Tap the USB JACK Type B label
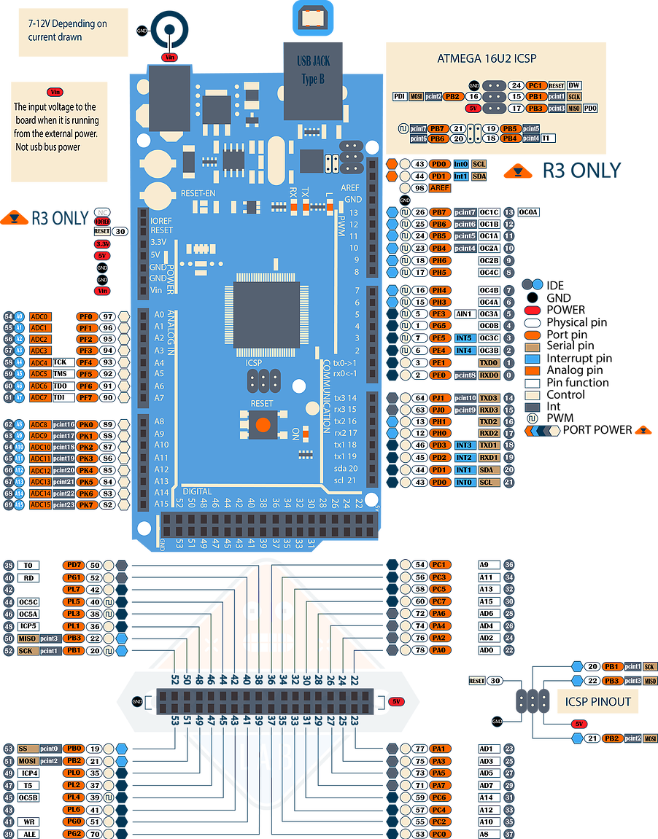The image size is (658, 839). pos(314,70)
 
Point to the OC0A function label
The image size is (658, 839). pos(530,212)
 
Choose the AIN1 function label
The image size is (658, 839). pos(464,314)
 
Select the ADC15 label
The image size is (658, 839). pos(40,504)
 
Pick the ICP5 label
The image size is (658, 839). pos(29,626)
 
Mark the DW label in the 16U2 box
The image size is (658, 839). pos(574,85)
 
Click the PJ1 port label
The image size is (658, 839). pos(440,398)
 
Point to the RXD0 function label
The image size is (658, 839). pos(489,375)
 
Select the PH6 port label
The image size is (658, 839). pos(440,260)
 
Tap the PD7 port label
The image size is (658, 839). pos(73,565)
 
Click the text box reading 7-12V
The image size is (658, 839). pos(73,33)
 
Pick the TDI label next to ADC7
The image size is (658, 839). pos(60,397)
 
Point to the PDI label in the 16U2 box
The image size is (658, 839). pos(400,96)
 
